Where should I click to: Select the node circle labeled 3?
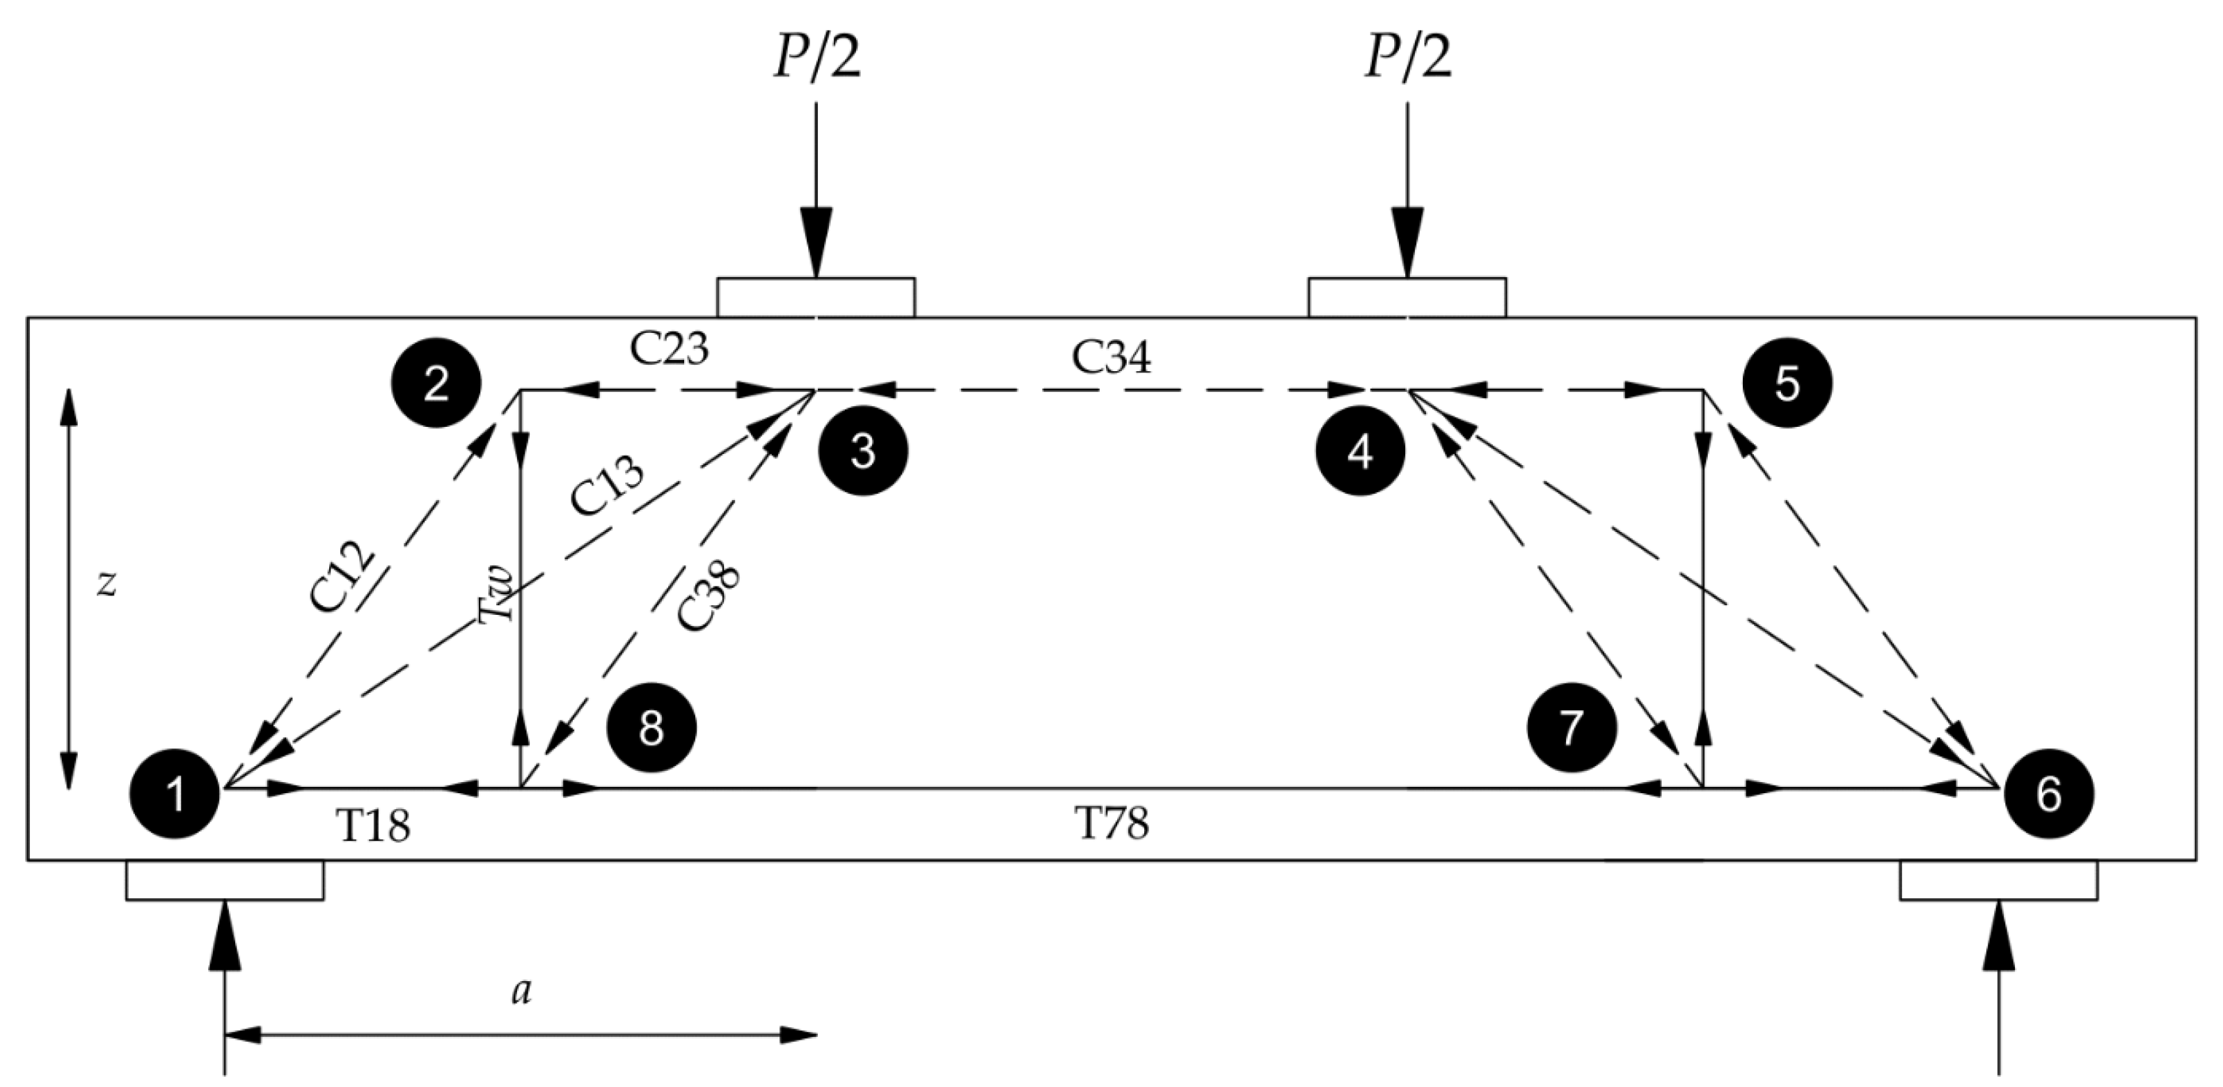pyautogui.click(x=863, y=451)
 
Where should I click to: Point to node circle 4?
pyautogui.click(x=1360, y=451)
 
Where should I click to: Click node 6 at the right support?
pyautogui.click(x=2049, y=793)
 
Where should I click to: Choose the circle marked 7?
pyautogui.click(x=1572, y=727)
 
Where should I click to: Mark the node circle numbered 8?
pyautogui.click(x=651, y=727)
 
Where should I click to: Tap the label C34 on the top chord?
pyautogui.click(x=1111, y=356)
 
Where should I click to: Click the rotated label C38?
pyautogui.click(x=709, y=597)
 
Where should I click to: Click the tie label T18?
pyautogui.click(x=373, y=827)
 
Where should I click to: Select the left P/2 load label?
pyautogui.click(x=816, y=58)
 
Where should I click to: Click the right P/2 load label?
pyautogui.click(x=1407, y=58)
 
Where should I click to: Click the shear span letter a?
pyautogui.click(x=521, y=993)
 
